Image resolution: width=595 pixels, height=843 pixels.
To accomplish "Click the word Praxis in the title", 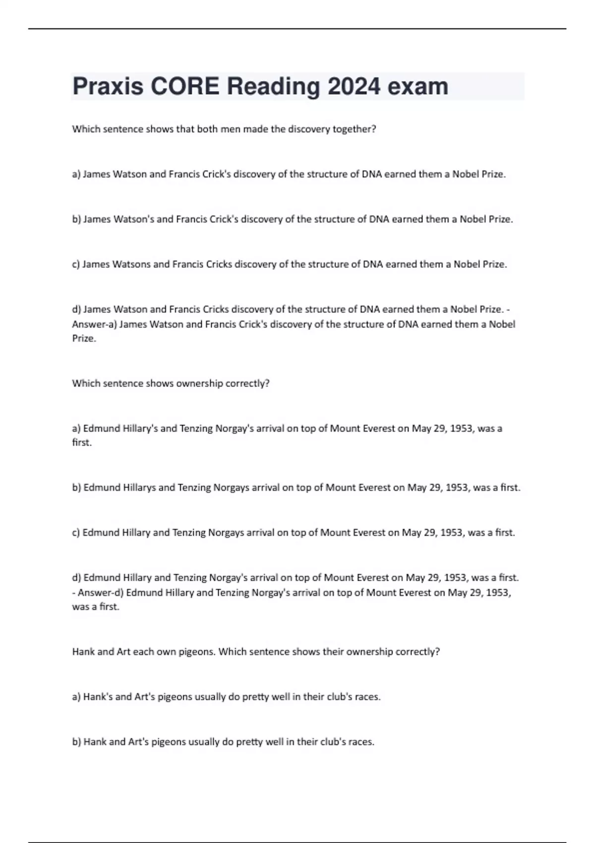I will (108, 87).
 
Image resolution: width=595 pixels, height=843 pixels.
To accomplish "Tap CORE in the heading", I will (184, 87).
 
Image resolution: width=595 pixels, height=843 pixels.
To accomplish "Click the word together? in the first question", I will (355, 129).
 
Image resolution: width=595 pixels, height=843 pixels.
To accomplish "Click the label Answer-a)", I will (94, 324).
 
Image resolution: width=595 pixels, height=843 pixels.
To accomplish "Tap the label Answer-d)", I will (101, 593).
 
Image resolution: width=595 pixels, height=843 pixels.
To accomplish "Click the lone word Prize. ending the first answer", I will (84, 339).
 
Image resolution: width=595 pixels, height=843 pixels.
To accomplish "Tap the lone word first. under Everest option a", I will (82, 442).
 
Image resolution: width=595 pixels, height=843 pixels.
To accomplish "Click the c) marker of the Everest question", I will (76, 533).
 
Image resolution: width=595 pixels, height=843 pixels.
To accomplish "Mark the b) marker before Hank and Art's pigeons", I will (76, 742).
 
